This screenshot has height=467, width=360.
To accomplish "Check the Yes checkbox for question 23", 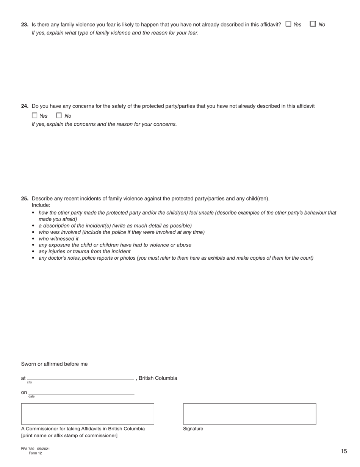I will (x=288, y=24).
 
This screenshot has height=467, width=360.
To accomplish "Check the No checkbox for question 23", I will (x=313, y=24).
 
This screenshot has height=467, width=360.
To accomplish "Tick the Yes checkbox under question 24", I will (x=34, y=115).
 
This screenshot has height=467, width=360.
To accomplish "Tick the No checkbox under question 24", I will (x=59, y=115).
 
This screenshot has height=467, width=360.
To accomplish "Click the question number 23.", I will (x=25, y=25).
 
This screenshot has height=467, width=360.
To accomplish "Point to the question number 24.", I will (x=25, y=106).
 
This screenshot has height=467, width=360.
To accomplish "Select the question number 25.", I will (x=25, y=199).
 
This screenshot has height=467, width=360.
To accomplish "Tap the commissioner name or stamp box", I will (x=88, y=414).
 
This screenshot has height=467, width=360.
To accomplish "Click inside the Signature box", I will (x=249, y=414).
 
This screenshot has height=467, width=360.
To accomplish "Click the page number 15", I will (x=344, y=451).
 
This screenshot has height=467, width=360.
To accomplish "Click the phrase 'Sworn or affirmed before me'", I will (x=54, y=364).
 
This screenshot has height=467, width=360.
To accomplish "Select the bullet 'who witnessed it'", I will (x=58, y=239).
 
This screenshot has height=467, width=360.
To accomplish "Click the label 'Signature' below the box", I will (x=193, y=429).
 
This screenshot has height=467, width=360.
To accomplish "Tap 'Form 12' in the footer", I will (x=35, y=453).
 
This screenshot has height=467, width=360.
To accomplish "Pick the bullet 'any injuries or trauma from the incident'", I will (x=85, y=251).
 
